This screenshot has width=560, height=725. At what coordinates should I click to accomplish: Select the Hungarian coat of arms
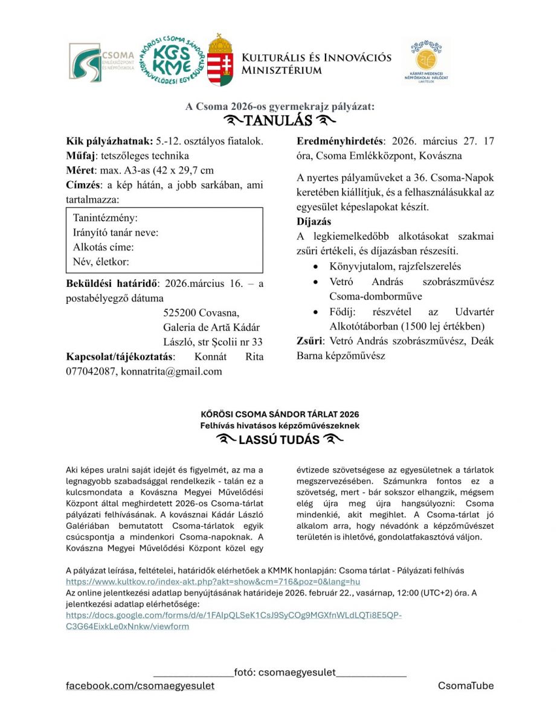[x=220, y=60]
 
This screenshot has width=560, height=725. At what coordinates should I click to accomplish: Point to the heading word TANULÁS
[x=278, y=121]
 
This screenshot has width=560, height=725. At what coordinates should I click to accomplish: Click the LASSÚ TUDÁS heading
[x=278, y=440]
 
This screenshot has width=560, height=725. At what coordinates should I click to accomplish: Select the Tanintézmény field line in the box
[x=105, y=217]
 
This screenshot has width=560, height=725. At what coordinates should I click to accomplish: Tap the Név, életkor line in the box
[x=101, y=262]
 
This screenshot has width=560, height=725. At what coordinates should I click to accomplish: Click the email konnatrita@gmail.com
[x=172, y=371]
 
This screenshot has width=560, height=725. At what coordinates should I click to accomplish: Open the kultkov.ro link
[x=213, y=582]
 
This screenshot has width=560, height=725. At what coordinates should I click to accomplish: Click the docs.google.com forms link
[x=233, y=615]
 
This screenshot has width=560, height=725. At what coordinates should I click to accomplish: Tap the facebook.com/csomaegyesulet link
[x=140, y=686]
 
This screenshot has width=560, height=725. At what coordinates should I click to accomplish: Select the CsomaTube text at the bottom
[x=466, y=686]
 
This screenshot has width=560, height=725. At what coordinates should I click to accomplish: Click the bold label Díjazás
[x=314, y=222]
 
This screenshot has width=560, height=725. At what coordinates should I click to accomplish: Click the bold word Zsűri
[x=309, y=341]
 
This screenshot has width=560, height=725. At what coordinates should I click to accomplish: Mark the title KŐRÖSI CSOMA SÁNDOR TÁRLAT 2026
[x=280, y=414]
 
